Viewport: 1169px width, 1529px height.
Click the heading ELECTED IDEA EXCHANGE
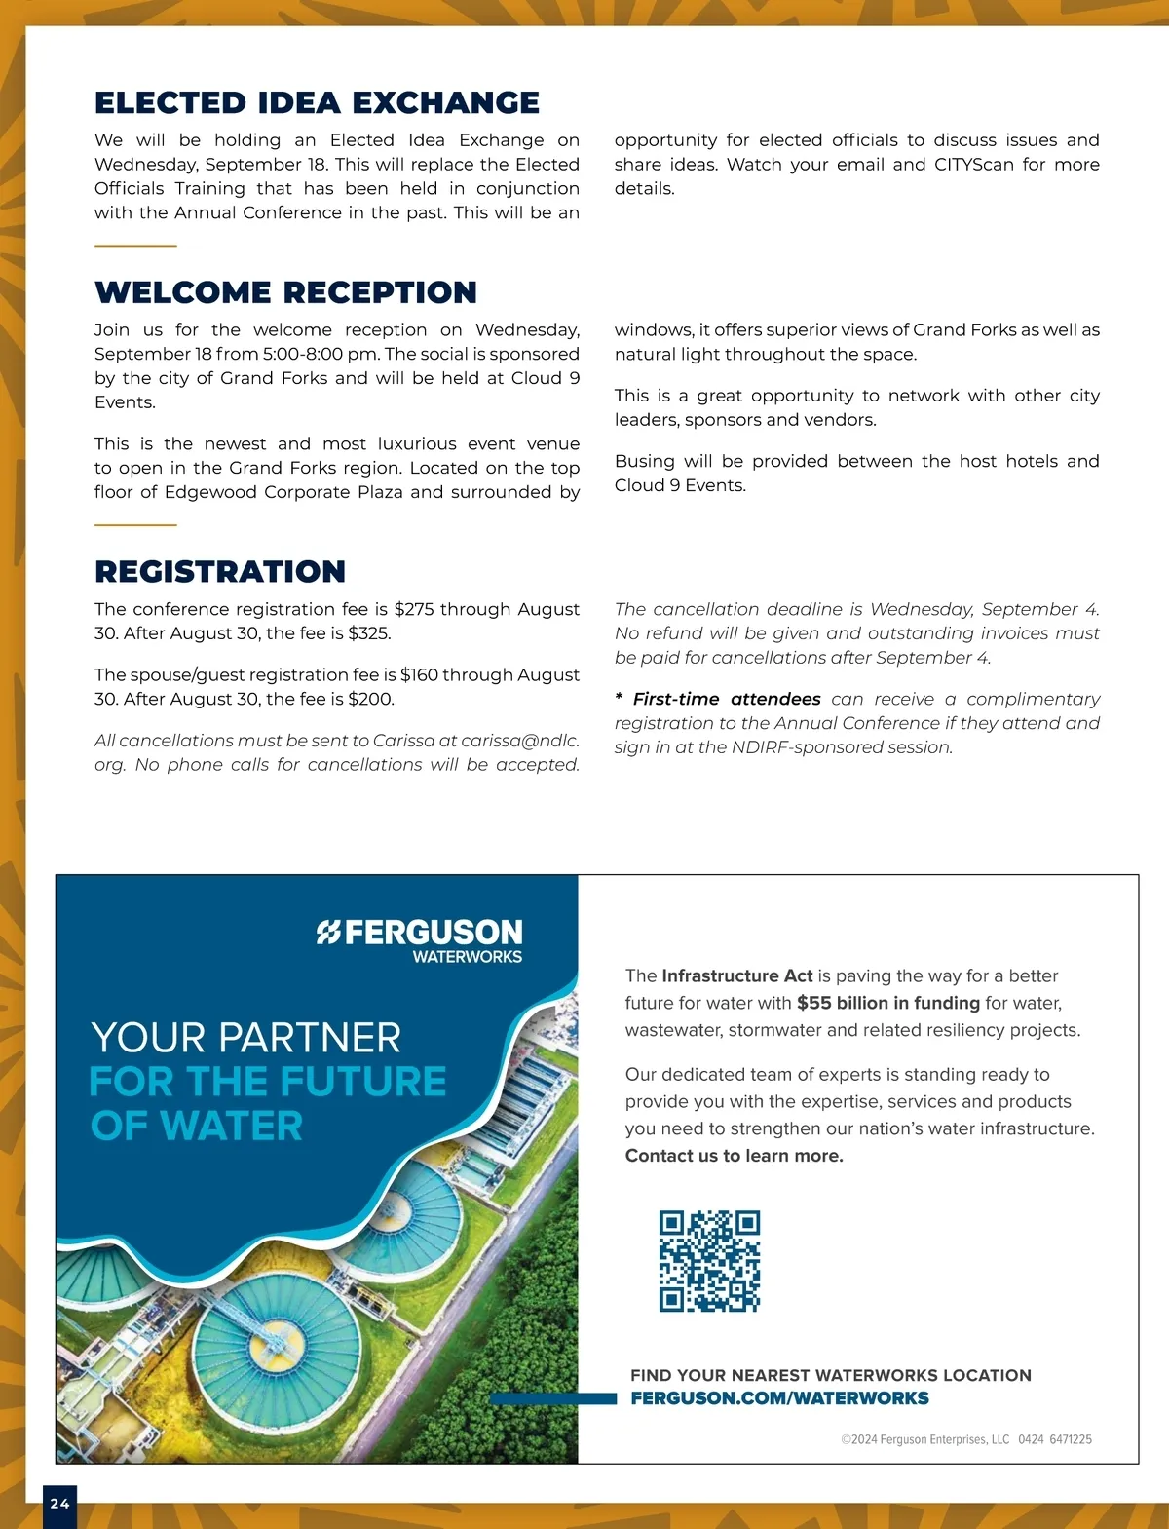(x=317, y=102)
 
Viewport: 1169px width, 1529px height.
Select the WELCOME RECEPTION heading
(x=285, y=292)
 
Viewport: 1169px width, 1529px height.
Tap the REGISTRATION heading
(x=220, y=571)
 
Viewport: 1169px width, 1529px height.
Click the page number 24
(x=59, y=1504)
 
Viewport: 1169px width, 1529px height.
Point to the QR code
(x=709, y=1261)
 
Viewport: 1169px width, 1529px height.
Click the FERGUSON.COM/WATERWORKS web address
(x=779, y=1398)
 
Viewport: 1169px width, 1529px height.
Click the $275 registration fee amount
(x=414, y=609)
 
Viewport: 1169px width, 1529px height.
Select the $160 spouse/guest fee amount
(x=421, y=674)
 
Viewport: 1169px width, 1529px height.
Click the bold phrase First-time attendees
(x=727, y=699)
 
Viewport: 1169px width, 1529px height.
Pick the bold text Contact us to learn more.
(x=734, y=1156)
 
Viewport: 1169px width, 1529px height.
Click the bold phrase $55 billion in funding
(x=887, y=1003)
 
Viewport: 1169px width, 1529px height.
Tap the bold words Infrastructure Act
(x=736, y=975)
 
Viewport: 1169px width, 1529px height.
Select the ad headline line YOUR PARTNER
(x=245, y=1038)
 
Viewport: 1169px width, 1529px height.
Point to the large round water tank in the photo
(x=263, y=1350)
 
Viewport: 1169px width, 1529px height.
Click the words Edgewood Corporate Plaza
(x=283, y=492)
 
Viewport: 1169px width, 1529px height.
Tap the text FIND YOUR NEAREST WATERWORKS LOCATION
(x=830, y=1375)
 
